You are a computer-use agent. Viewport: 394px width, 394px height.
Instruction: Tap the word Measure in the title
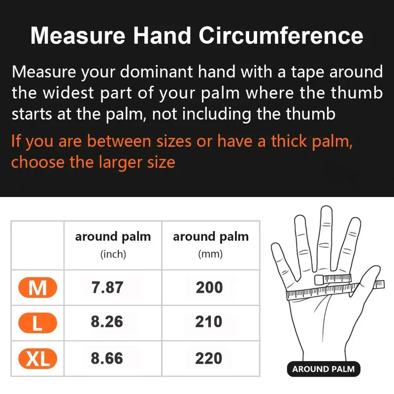(73, 36)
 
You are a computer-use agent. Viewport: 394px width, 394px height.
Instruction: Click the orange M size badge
(37, 288)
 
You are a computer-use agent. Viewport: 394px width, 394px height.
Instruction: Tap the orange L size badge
(37, 323)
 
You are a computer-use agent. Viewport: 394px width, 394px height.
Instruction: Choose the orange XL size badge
(37, 359)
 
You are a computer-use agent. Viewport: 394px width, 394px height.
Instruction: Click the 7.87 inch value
(107, 288)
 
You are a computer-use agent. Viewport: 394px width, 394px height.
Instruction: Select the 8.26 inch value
(107, 322)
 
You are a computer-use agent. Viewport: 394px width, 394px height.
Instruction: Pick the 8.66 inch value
(107, 358)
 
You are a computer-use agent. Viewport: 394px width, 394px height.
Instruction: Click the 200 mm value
(209, 288)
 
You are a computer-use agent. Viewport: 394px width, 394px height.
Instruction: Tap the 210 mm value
(209, 322)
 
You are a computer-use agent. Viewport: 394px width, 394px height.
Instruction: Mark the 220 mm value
(209, 358)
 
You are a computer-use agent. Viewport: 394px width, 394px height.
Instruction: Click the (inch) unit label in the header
(113, 255)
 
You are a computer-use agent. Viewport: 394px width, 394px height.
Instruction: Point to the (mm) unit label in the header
(210, 255)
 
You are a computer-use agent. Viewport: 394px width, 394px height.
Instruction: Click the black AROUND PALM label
(323, 369)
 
